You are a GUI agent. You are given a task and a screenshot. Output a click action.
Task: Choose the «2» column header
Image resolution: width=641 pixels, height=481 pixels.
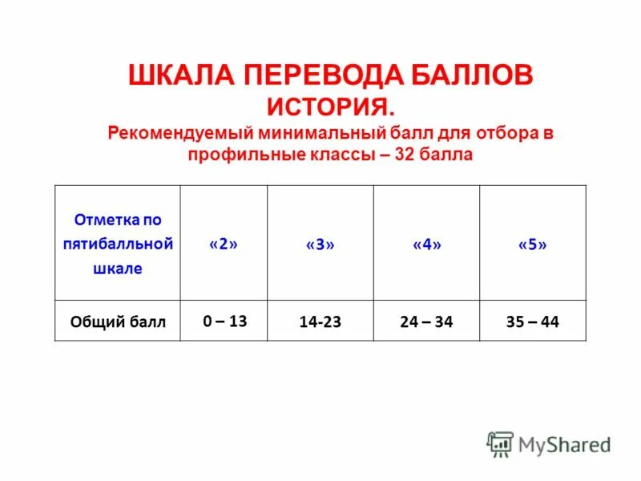point(224,245)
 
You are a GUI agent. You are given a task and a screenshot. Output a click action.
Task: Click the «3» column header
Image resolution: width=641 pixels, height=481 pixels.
point(320,245)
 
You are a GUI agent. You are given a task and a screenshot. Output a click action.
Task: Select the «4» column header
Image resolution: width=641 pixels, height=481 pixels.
point(426,245)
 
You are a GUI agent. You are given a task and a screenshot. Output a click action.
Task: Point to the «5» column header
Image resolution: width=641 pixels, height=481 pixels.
point(533,245)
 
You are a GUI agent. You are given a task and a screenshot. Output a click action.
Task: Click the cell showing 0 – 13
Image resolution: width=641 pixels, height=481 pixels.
point(224,321)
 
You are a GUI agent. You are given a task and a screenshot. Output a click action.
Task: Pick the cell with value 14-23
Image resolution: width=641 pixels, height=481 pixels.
point(320,322)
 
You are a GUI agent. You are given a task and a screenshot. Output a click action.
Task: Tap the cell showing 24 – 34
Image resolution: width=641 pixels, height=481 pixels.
point(426,322)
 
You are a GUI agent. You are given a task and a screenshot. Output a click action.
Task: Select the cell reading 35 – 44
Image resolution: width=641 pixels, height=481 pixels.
point(533,322)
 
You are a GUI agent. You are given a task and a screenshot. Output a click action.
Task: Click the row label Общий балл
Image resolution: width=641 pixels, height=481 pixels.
point(118,322)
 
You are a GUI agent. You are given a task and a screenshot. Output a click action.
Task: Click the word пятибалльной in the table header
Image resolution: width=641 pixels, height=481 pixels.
point(118,244)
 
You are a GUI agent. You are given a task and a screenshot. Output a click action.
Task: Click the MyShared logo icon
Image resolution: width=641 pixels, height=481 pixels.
point(500,443)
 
